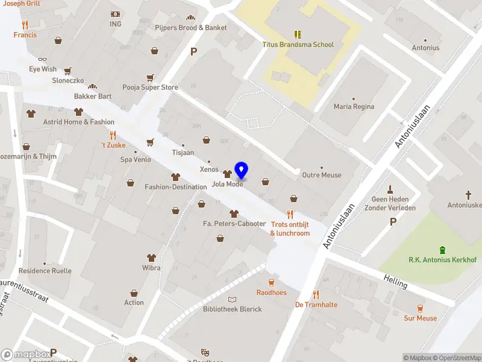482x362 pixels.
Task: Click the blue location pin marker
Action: [x=242, y=170]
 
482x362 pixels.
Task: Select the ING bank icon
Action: [x=115, y=14]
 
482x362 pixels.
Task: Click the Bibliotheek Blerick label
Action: [x=232, y=309]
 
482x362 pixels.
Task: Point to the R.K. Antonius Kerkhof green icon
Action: [x=443, y=250]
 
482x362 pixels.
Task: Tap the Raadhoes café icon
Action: [x=271, y=282]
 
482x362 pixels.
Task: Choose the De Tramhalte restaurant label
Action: [x=316, y=305]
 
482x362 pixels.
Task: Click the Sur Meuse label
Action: [x=420, y=318]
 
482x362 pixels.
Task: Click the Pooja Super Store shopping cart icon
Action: [x=150, y=77]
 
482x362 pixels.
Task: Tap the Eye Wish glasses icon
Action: [x=42, y=59]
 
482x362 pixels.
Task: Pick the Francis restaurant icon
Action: [x=25, y=25]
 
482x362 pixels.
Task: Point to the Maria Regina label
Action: [x=354, y=107]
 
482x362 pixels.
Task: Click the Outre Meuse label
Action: [x=321, y=175]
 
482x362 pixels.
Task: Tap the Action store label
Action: [x=134, y=302]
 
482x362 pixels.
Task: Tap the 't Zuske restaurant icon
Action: [x=112, y=135]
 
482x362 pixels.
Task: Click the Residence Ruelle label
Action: [x=45, y=271]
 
